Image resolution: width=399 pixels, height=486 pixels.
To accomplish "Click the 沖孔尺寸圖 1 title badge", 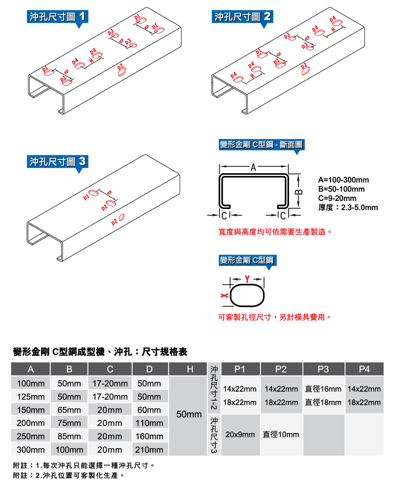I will coord(57,17).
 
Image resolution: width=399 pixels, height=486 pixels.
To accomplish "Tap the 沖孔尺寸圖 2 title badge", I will coord(242,17).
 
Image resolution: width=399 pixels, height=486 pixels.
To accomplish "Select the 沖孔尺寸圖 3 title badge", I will coord(57,162).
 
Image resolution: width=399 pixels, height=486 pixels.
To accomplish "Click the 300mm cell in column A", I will coord(31,450).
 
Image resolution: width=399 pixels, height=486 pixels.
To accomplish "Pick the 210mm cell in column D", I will coord(149,450).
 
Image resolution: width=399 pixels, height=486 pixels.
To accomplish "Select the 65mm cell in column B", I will coord(69,410).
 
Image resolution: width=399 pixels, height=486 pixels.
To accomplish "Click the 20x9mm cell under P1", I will coord(240,434).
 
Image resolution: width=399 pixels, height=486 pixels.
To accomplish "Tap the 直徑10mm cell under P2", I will coord(281,434).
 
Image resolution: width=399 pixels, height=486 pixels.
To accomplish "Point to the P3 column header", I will coord(323,369).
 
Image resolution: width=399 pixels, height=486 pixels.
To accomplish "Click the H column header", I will coord(190,369).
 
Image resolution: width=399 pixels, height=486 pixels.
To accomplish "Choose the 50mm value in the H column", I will coord(189,414).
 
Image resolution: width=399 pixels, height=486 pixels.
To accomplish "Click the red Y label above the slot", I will coord(247,279).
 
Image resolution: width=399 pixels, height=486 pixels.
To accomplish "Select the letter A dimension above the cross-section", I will coord(253,168).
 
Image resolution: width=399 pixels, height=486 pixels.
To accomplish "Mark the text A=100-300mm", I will coord(343,180).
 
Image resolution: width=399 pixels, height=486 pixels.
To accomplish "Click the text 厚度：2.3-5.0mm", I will coord(348,207).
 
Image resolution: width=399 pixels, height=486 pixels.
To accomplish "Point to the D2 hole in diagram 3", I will coord(121,217).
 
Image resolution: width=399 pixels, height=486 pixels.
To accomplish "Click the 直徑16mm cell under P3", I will coord(323,389).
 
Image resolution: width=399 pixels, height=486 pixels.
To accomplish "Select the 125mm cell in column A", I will coord(31,397).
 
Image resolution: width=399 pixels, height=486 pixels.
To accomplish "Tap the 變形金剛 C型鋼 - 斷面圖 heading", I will coord(261,145).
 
